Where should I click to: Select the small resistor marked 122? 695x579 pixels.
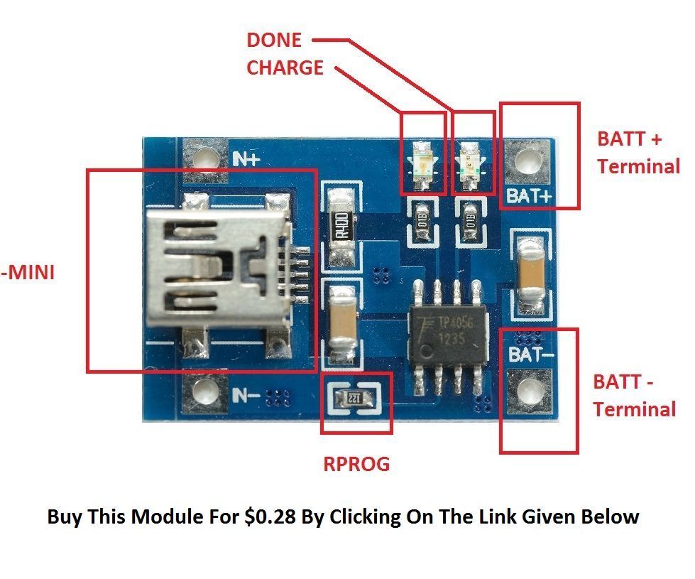(355, 399)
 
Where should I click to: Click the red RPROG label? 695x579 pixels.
(356, 464)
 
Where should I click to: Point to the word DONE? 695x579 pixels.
(274, 40)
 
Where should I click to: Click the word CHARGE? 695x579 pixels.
(285, 67)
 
